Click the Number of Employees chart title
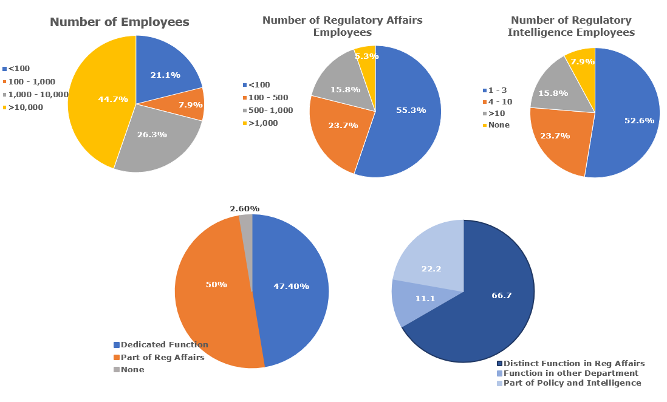[x=119, y=22]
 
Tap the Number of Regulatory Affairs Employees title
[x=342, y=27]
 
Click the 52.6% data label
[x=639, y=121]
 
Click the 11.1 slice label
[x=424, y=299]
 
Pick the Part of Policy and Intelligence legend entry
[x=572, y=383]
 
